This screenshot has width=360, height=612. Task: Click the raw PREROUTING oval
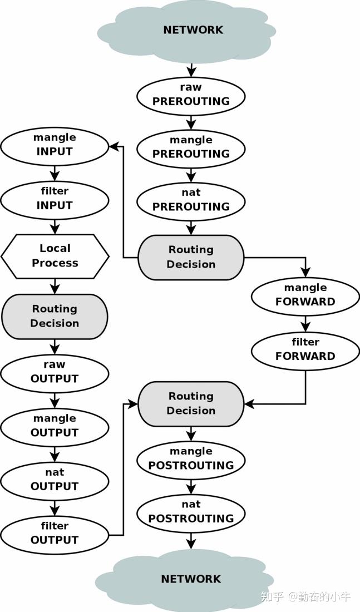[x=191, y=95]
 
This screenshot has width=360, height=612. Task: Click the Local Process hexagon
[x=55, y=256]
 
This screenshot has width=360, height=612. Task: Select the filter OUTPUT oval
[x=55, y=535]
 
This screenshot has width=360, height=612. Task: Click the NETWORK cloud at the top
[x=186, y=31]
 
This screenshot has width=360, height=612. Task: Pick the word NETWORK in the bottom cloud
[x=191, y=579]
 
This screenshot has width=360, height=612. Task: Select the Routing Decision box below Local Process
[x=55, y=316]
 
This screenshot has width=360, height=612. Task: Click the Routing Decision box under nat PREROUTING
[x=191, y=257]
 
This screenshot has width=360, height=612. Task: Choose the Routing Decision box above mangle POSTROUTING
[x=191, y=403]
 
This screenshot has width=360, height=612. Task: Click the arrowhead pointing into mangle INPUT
[x=114, y=146]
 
